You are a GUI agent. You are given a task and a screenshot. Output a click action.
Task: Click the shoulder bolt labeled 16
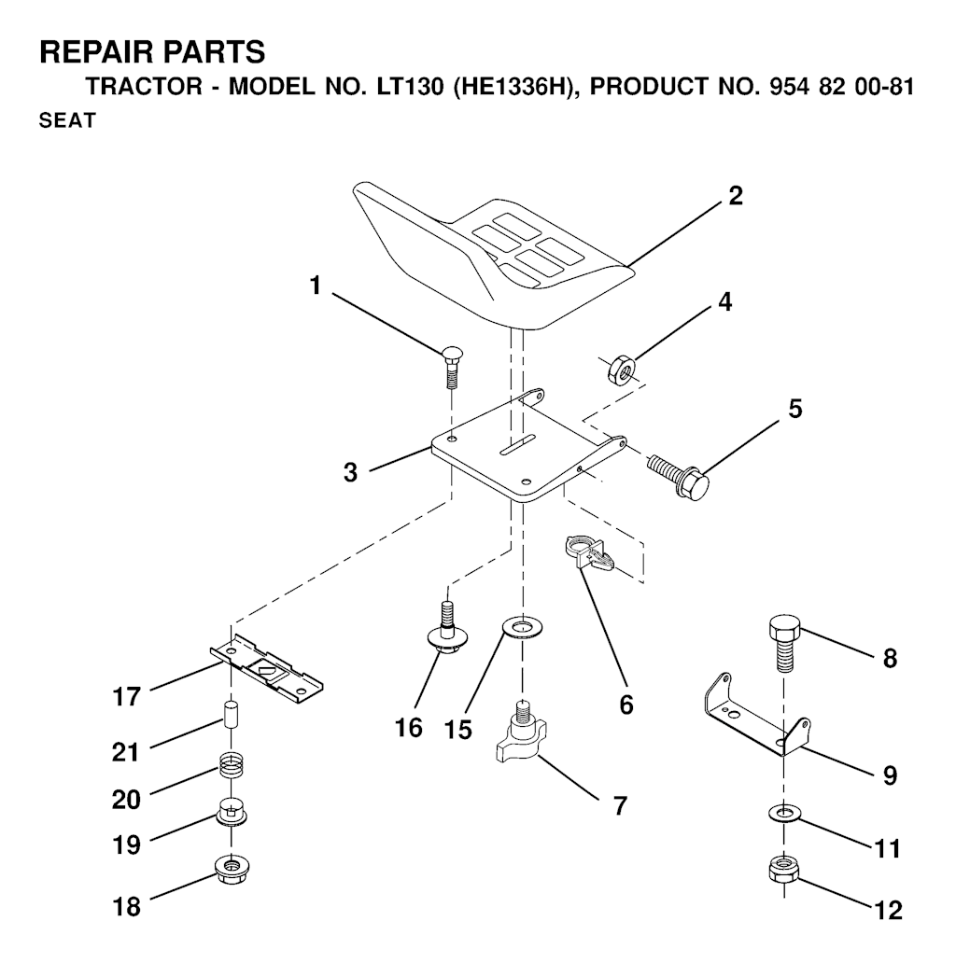coord(447,630)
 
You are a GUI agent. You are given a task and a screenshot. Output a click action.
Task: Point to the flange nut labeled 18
coord(230,869)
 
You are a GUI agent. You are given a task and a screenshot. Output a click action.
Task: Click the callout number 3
coord(350,472)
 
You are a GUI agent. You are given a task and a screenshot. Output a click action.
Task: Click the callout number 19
coord(127,844)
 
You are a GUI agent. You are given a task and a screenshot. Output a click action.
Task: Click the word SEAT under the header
coord(66,122)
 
